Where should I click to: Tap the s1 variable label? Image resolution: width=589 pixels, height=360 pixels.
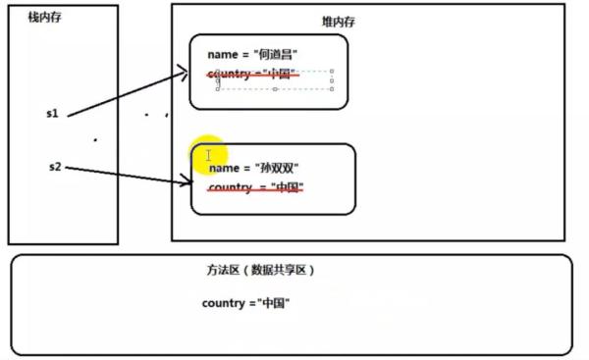53,114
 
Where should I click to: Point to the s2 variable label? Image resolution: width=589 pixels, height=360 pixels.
55,168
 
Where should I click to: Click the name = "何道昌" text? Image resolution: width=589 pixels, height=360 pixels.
252,54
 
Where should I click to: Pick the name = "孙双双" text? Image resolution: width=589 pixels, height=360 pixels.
254,169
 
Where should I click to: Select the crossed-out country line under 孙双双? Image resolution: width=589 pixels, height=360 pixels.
256,187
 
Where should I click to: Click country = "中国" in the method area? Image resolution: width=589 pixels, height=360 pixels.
245,303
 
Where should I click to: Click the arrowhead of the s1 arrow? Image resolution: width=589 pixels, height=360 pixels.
184,70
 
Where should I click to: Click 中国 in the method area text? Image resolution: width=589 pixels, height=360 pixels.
272,303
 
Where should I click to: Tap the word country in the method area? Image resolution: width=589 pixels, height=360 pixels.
222,303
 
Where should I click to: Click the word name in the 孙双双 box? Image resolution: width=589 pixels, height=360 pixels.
224,169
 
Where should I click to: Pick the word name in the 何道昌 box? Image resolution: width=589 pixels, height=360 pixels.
222,54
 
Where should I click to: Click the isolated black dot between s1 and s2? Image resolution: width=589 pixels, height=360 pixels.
94,140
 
